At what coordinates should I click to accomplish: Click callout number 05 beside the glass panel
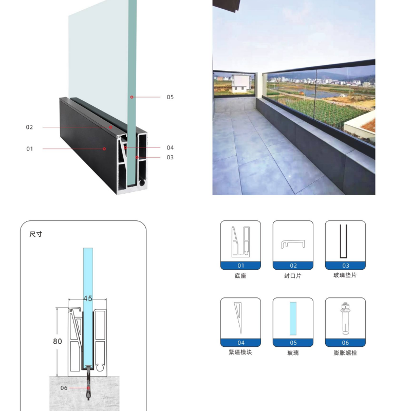pyautogui.click(x=170, y=97)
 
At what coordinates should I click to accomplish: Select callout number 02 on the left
pyautogui.click(x=29, y=127)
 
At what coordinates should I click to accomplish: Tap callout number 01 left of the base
pyautogui.click(x=30, y=149)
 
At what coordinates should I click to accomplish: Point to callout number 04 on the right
pyautogui.click(x=170, y=147)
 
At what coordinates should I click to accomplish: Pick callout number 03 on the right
pyautogui.click(x=170, y=157)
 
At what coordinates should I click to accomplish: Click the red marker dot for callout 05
pyautogui.click(x=132, y=97)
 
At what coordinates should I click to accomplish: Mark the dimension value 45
pyautogui.click(x=88, y=298)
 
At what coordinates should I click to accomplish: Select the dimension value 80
pyautogui.click(x=58, y=341)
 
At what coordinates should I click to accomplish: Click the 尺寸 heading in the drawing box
pyautogui.click(x=35, y=234)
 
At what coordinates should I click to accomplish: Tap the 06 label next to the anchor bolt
pyautogui.click(x=64, y=388)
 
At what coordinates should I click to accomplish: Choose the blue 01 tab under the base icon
pyautogui.click(x=240, y=266)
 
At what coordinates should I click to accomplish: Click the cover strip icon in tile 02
pyautogui.click(x=293, y=244)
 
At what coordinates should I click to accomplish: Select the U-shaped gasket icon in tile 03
pyautogui.click(x=343, y=241)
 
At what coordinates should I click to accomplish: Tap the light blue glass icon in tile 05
pyautogui.click(x=293, y=319)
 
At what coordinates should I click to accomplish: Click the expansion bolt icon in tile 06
pyautogui.click(x=345, y=319)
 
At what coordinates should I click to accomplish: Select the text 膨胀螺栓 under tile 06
pyautogui.click(x=345, y=353)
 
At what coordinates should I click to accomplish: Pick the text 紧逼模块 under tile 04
pyautogui.click(x=240, y=352)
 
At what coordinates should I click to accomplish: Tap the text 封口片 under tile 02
pyautogui.click(x=293, y=276)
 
